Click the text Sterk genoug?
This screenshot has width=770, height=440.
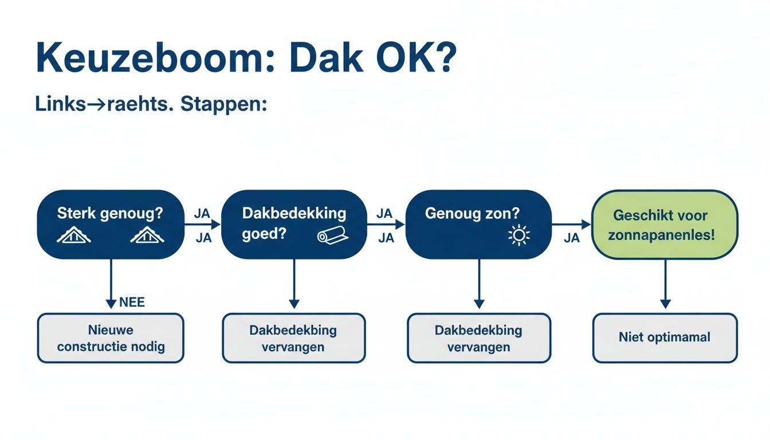pyautogui.click(x=110, y=214)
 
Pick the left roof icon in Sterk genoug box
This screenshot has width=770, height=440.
pyautogui.click(x=73, y=235)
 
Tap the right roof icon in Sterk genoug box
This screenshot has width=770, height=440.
pyautogui.click(x=147, y=235)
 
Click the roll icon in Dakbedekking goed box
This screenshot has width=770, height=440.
pyautogui.click(x=332, y=237)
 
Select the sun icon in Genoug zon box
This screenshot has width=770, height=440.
pyautogui.click(x=519, y=235)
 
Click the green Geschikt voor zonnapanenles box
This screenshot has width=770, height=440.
pyautogui.click(x=664, y=225)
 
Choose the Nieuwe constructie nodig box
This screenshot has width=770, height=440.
pyautogui.click(x=111, y=338)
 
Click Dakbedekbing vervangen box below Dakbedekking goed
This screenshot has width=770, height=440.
pyautogui.click(x=293, y=338)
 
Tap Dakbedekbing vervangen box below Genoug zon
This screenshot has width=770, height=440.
pyautogui.click(x=478, y=338)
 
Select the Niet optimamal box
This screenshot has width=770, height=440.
pyautogui.click(x=665, y=337)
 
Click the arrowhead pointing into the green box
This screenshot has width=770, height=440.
pyautogui.click(x=586, y=225)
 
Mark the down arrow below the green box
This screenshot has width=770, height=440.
pyautogui.click(x=665, y=303)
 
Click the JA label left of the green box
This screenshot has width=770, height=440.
pyautogui.click(x=572, y=238)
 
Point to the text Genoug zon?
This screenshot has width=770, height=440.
pyautogui.click(x=472, y=214)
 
